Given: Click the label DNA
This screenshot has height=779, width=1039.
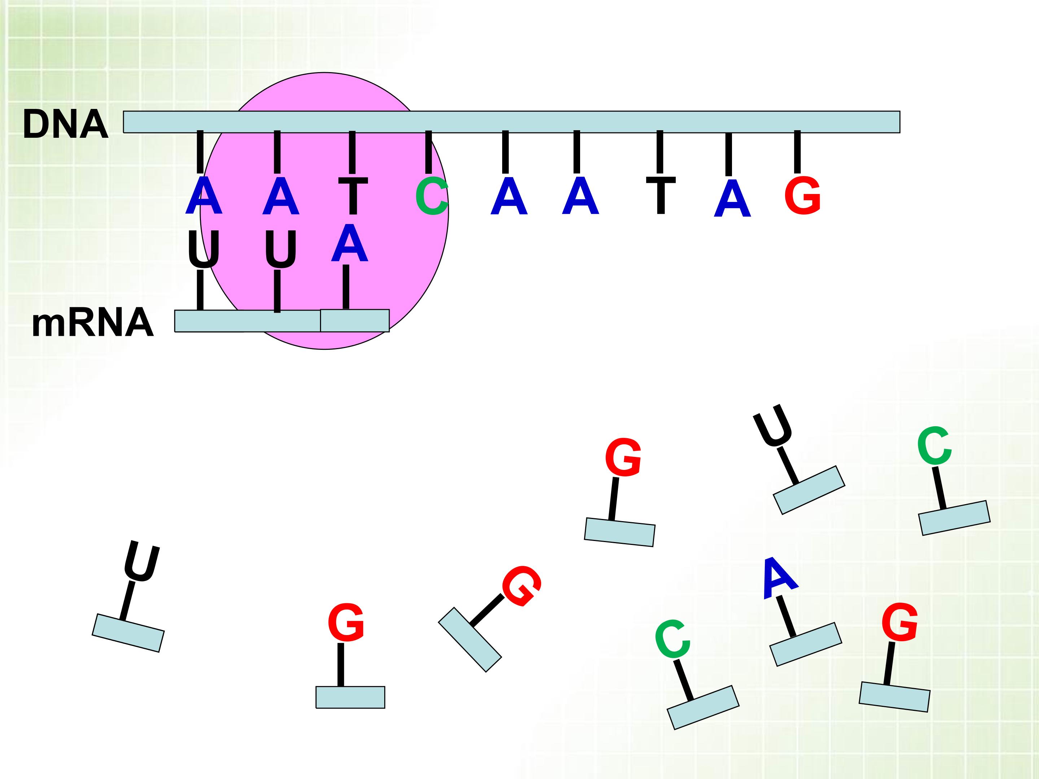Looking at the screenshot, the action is tap(66, 124).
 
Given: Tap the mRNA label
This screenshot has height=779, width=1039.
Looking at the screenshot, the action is tap(92, 323).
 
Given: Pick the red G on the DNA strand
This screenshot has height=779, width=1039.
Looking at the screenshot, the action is tap(803, 195).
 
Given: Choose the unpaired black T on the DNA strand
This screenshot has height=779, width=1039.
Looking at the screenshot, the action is tap(661, 195).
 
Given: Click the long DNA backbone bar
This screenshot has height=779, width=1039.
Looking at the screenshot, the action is tap(512, 122).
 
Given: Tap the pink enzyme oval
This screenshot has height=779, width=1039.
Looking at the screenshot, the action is tap(324, 211).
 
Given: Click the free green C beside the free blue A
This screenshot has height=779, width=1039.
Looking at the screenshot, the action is tap(672, 639).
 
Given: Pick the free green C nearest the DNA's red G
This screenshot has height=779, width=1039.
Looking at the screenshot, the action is tap(934, 446).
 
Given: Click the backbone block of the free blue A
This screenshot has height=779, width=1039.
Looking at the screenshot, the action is tap(806, 644).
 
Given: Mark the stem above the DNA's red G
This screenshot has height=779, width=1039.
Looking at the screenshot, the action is tap(797, 152).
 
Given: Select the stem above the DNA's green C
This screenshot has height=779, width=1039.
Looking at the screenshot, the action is tap(428, 152).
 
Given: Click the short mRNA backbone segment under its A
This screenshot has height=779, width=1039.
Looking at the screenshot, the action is tap(355, 321).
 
